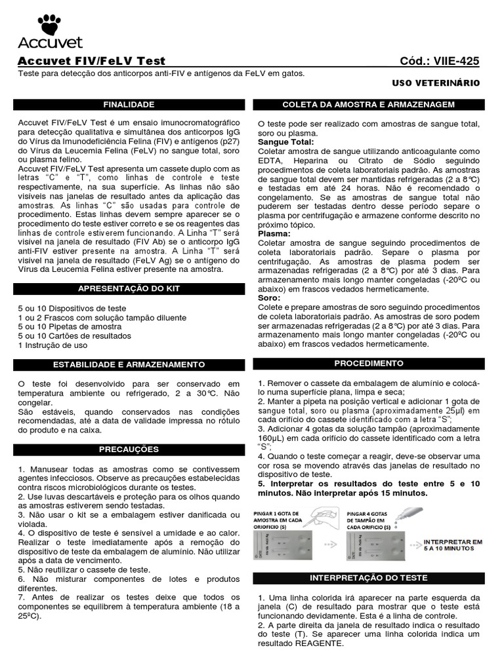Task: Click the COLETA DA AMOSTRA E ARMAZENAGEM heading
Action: click(368, 105)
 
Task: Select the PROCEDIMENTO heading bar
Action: click(368, 363)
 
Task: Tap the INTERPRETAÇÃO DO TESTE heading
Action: click(368, 578)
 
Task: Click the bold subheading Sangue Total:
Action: click(285, 142)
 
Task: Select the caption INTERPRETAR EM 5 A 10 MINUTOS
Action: click(453, 545)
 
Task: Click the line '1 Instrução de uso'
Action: click(52, 345)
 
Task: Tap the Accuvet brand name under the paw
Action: click(50, 43)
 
